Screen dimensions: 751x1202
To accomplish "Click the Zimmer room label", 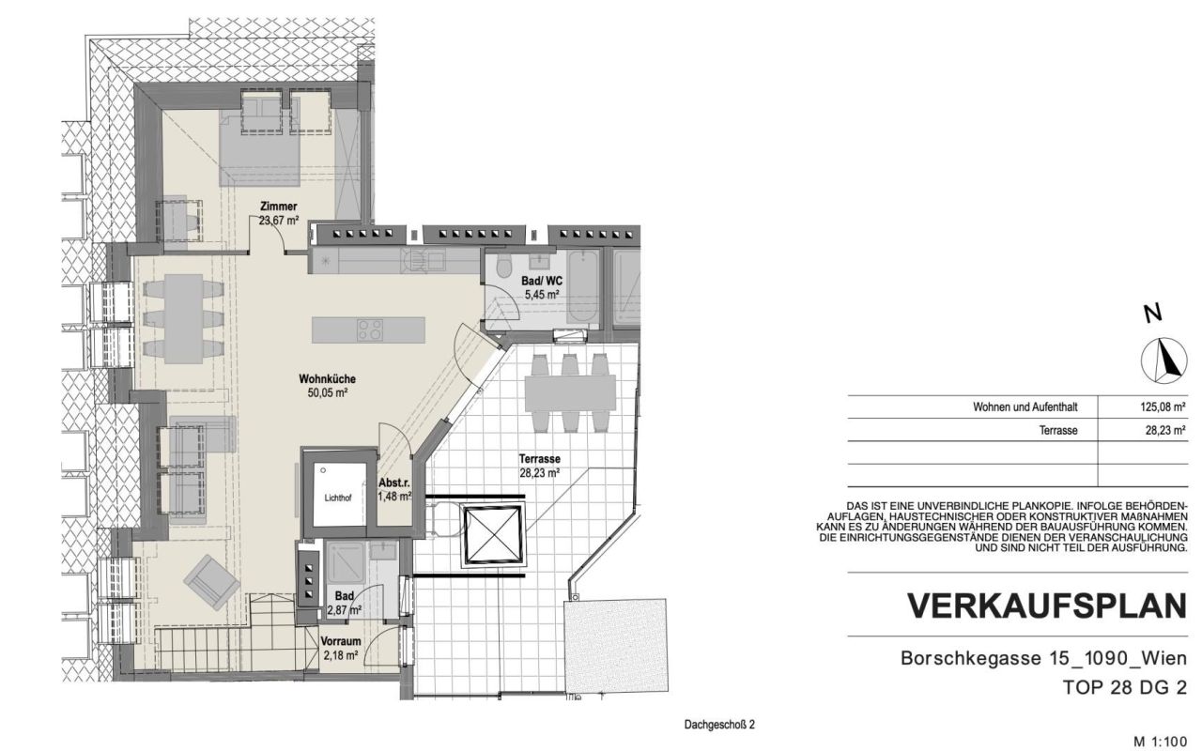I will [x=279, y=207].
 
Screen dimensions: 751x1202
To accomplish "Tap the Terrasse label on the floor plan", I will [x=540, y=459].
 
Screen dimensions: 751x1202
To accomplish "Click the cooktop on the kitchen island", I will [x=370, y=330].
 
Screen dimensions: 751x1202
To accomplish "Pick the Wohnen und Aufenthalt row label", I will [x=1025, y=407].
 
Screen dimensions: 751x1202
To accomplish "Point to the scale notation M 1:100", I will [x=1161, y=741].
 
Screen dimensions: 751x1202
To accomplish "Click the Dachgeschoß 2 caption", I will [x=719, y=725].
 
